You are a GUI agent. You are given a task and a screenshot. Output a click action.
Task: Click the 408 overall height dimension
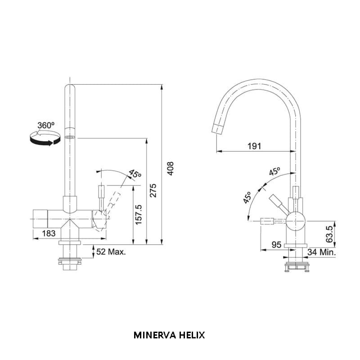pyautogui.click(x=170, y=168)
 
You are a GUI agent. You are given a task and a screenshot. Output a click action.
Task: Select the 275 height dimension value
pyautogui.click(x=153, y=192)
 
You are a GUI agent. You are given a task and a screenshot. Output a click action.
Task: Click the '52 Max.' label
pyautogui.click(x=111, y=252)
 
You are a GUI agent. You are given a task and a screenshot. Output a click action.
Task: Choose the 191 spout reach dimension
pyautogui.click(x=255, y=146)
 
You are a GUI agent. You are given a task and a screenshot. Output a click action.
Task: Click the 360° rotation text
pyautogui.click(x=45, y=125)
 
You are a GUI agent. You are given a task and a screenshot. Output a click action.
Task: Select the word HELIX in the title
pyautogui.click(x=193, y=335)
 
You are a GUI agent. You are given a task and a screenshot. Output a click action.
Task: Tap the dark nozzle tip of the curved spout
pyautogui.click(x=217, y=128)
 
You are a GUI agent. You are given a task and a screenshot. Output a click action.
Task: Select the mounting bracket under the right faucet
pyautogui.click(x=297, y=267)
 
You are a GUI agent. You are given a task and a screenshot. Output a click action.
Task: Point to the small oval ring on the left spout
pyautogui.click(x=70, y=137)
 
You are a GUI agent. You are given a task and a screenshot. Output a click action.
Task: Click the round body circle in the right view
pyautogui.click(x=296, y=221)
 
